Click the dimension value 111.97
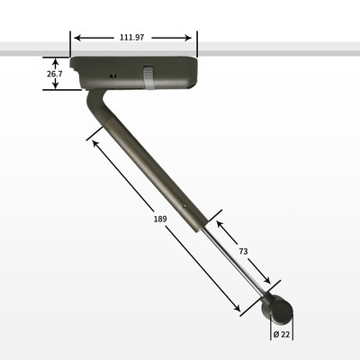(x=132, y=38)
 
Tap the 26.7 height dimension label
(x=54, y=74)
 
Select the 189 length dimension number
(x=160, y=219)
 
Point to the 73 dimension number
(x=243, y=251)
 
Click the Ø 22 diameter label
(x=282, y=334)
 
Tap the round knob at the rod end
(x=278, y=310)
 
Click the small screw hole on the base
(x=113, y=76)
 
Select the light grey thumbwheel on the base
(x=148, y=77)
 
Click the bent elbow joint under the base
(x=96, y=105)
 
